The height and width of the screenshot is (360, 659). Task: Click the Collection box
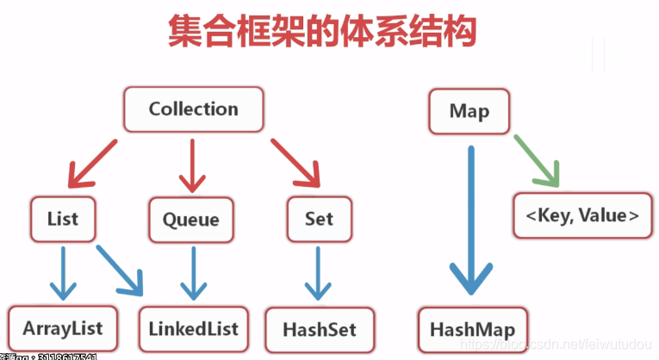pos(193,109)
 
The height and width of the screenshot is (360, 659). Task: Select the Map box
pos(469,111)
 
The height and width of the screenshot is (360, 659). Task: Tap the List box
pos(63,218)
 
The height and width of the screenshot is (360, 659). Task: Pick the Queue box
pos(190,219)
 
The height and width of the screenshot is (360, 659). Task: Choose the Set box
pos(318,218)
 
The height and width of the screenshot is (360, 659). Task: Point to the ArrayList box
pos(63,327)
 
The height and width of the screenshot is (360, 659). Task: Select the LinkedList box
pos(193,327)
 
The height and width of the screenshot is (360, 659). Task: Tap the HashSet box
pos(319,328)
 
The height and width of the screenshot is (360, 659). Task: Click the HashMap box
pos(472,329)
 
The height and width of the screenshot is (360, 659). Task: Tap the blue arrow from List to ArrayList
pos(63,270)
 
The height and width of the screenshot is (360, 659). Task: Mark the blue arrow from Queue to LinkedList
pos(191,270)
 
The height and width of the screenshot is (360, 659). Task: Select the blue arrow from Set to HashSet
pos(319,270)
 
